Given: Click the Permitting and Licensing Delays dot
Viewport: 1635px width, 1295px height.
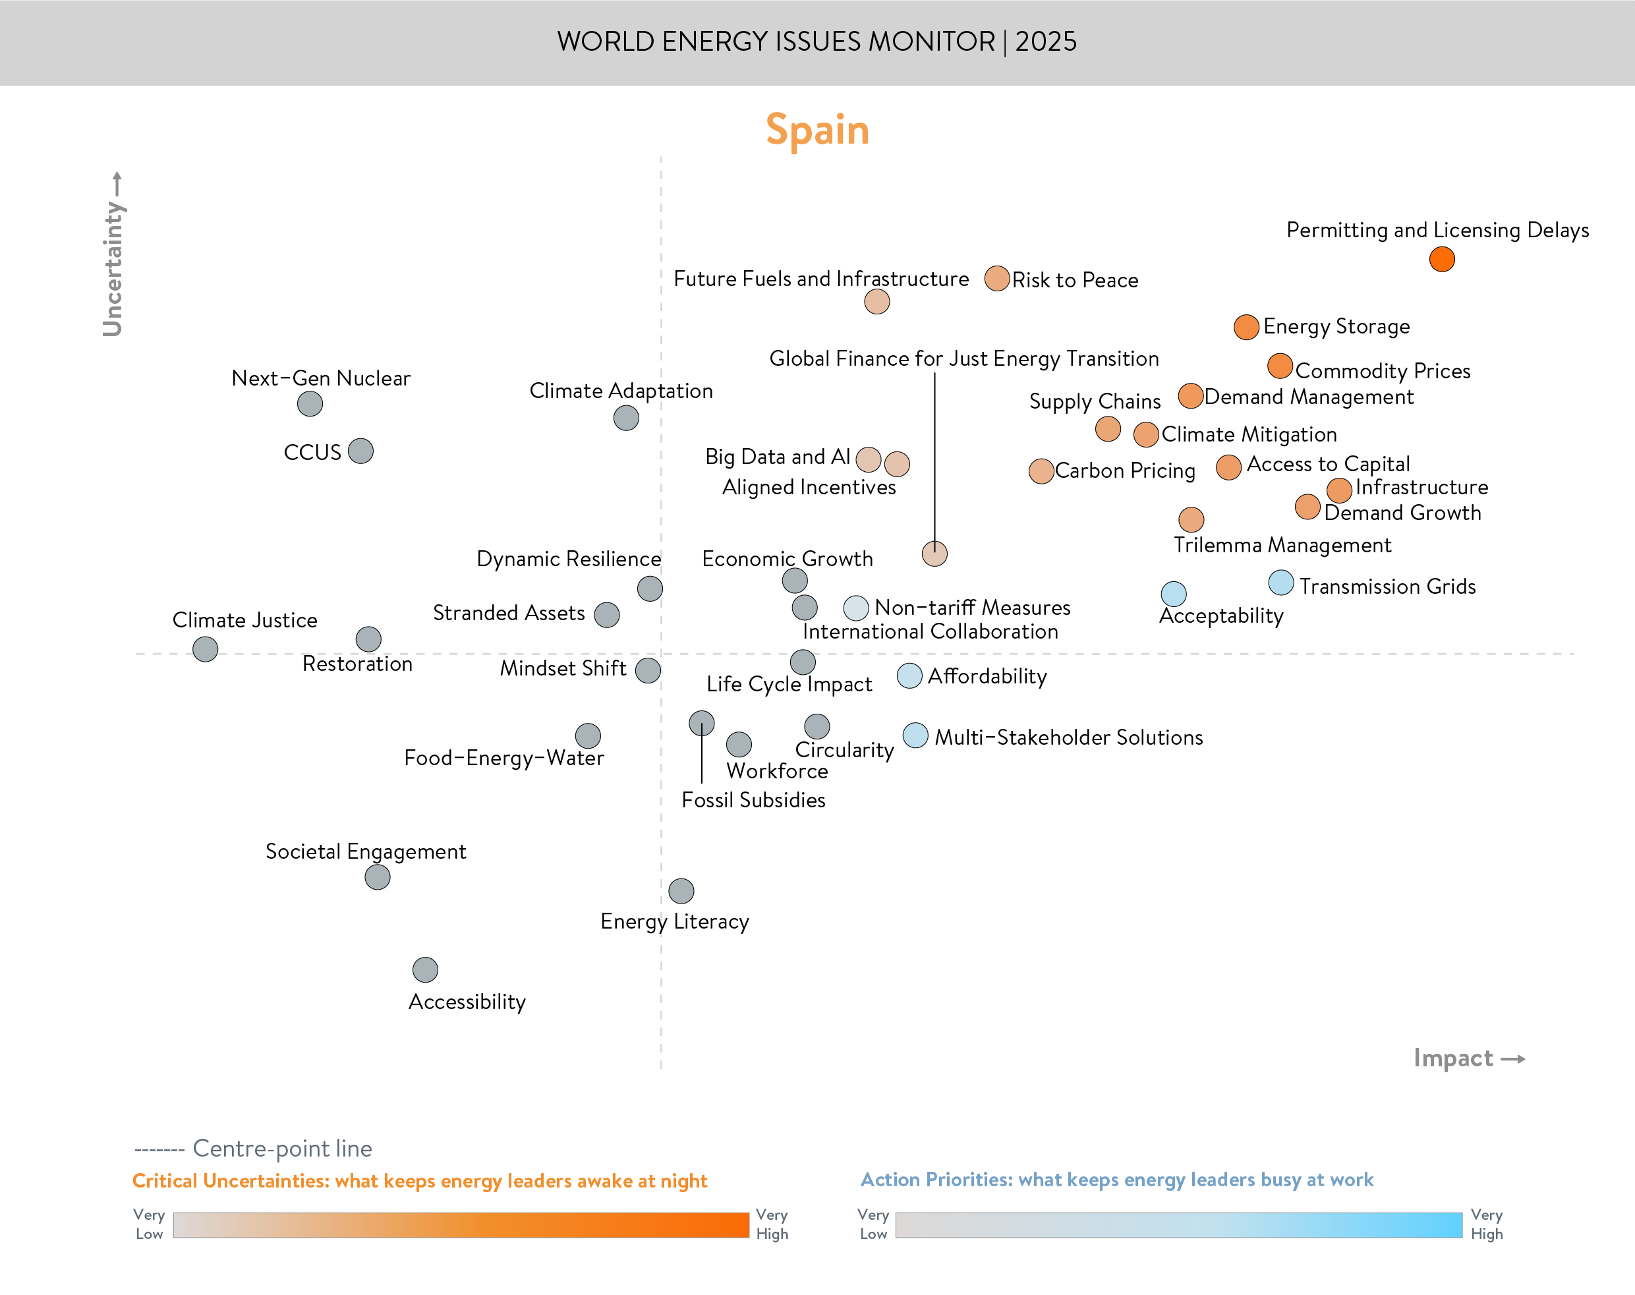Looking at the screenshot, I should (1441, 259).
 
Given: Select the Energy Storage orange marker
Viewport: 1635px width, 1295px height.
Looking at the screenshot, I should (1246, 328).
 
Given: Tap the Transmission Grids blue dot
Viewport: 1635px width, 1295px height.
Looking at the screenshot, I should (1280, 583).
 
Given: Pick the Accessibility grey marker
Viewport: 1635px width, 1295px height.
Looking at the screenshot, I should (424, 969).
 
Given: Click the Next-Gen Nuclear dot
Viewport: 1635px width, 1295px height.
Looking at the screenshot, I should (309, 403).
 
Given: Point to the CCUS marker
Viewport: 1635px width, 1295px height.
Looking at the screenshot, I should (360, 451).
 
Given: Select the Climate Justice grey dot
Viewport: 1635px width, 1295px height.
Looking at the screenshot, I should (205, 649).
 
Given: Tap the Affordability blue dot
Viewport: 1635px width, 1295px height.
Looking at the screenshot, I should (909, 676).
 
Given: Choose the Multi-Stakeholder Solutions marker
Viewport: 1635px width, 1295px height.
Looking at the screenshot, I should (915, 735).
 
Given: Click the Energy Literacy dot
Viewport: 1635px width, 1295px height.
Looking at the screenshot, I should (681, 891).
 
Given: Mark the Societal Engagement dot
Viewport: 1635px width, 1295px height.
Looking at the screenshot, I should (377, 877).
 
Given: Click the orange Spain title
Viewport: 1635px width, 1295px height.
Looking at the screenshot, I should (817, 130).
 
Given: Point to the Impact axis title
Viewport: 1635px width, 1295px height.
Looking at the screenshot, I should (1453, 1058).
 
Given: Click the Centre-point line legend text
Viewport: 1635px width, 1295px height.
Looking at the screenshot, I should (282, 1148).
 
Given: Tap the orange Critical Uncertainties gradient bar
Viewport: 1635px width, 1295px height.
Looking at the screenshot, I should (460, 1224).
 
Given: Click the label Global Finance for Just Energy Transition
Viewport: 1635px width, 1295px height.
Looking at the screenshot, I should (963, 359).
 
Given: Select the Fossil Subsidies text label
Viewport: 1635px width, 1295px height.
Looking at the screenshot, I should (753, 800).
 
